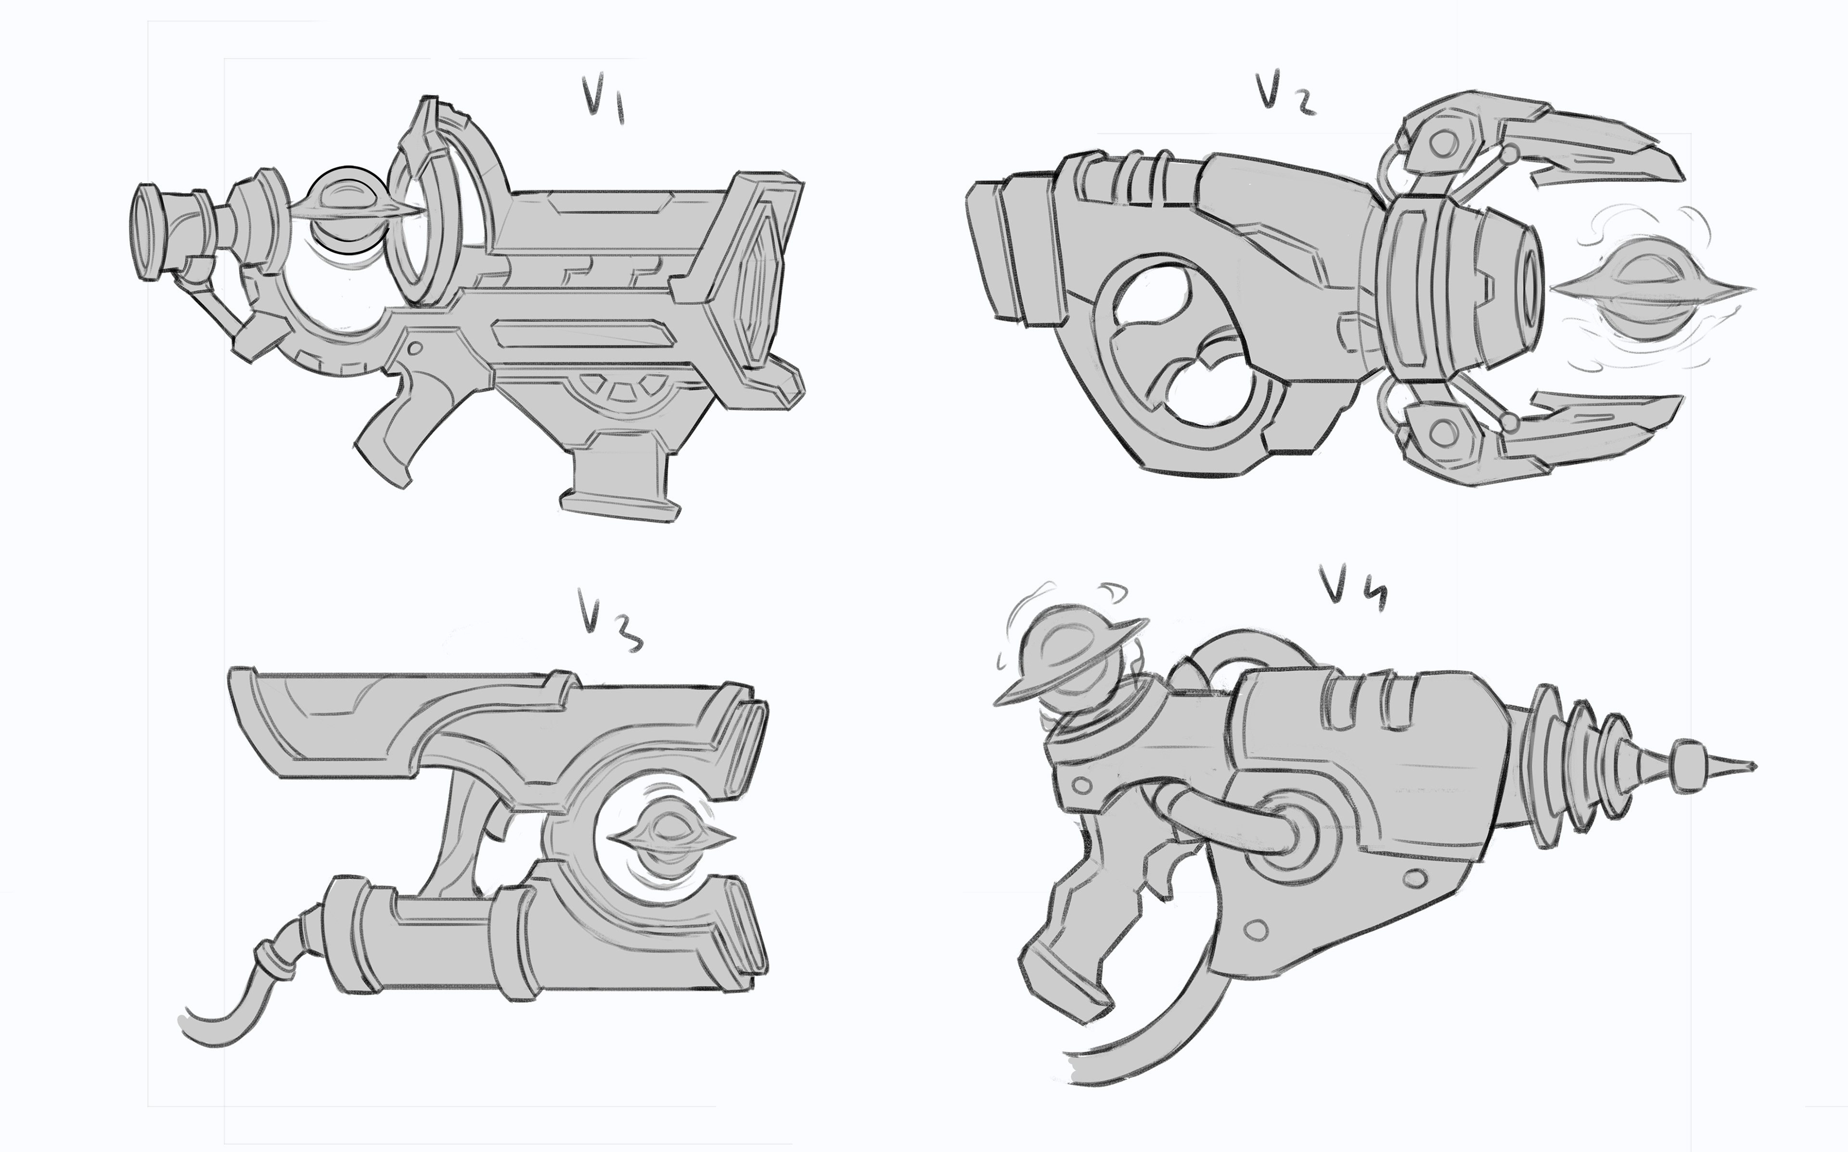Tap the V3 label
pos(609,629)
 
